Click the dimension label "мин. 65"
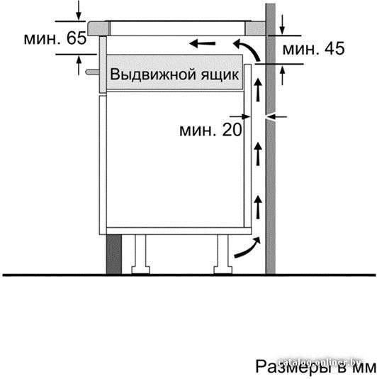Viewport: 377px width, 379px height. tap(55, 38)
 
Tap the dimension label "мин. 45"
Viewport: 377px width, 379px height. tap(313, 48)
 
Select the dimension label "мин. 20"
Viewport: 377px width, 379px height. tap(210, 130)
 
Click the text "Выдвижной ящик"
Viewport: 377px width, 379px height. tap(174, 74)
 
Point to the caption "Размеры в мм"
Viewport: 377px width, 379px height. tap(315, 366)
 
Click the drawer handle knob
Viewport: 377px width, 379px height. tap(92, 72)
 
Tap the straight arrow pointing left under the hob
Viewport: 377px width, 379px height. tap(202, 44)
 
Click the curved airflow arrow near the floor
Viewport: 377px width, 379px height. tap(247, 248)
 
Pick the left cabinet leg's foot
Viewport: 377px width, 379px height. tap(140, 270)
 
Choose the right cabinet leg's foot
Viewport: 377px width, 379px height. tap(223, 270)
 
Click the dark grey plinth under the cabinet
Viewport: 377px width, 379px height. tap(113, 254)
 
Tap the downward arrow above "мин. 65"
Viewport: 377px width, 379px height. tap(79, 10)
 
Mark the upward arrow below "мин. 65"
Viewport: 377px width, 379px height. tap(79, 65)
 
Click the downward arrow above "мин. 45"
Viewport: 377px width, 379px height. tap(282, 25)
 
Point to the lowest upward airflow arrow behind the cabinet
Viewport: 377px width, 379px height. tap(258, 207)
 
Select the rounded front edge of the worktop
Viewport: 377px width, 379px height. tap(98, 28)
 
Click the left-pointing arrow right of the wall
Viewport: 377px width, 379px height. tap(276, 117)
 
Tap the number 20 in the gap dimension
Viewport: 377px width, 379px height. tap(232, 130)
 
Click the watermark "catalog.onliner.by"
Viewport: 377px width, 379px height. tap(319, 363)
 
